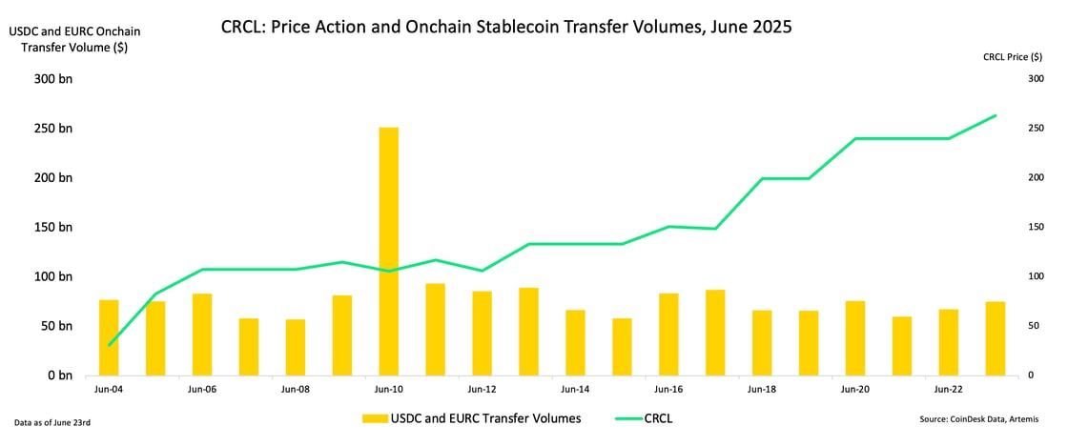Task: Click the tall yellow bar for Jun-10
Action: (389, 252)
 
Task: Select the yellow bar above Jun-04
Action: (109, 337)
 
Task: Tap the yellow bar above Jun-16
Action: (668, 334)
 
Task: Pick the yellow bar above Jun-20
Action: (855, 338)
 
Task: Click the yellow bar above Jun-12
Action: (483, 334)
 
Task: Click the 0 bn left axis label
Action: (60, 375)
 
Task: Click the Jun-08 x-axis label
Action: (296, 390)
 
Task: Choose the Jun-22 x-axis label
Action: (949, 390)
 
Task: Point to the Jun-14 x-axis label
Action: (576, 390)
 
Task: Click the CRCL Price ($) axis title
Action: (1013, 58)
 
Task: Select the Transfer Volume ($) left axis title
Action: (73, 48)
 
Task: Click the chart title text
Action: (506, 28)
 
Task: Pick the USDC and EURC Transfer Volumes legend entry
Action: (471, 418)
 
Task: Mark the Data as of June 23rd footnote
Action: (52, 423)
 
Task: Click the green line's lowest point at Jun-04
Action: (109, 345)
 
